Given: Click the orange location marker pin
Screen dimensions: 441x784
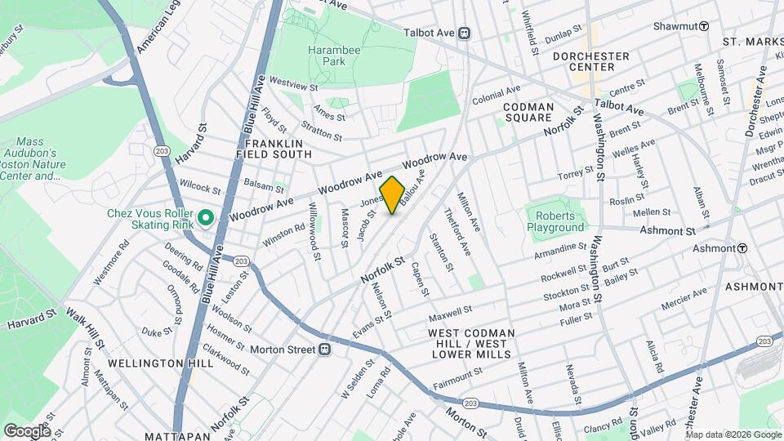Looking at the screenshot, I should (x=392, y=195).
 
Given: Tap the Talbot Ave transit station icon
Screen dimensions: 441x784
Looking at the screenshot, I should (x=464, y=33).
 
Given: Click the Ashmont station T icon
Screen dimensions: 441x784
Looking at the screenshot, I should (x=742, y=248).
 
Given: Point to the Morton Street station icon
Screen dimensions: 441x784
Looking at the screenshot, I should (x=324, y=350).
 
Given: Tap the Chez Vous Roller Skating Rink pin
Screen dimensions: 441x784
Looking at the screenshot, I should (x=206, y=218).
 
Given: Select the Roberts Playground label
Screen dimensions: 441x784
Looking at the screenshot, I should (x=555, y=220).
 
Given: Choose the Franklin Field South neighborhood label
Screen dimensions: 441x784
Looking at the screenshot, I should (x=274, y=148).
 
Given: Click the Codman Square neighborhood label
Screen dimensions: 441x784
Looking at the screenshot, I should (x=528, y=112).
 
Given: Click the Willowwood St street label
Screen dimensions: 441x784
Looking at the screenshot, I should (x=314, y=232).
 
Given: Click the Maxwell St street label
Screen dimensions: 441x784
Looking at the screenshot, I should (x=450, y=314).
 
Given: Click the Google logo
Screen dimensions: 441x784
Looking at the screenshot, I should (x=26, y=430).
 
